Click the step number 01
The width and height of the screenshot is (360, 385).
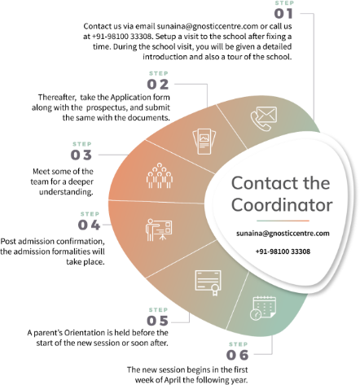(x=283, y=14)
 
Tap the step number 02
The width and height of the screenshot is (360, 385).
(x=158, y=85)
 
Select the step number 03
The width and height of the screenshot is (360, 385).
(x=81, y=155)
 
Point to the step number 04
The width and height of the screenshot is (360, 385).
(x=89, y=225)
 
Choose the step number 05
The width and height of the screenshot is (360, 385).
(x=157, y=321)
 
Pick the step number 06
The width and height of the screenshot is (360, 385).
(x=238, y=355)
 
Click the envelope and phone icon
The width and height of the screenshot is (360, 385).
(x=264, y=119)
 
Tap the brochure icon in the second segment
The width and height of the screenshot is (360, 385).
(x=204, y=142)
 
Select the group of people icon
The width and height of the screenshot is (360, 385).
(x=160, y=176)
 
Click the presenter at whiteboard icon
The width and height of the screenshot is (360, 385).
(x=159, y=230)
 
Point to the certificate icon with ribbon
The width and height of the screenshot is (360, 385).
(x=209, y=282)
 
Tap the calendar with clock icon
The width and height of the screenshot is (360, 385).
(x=263, y=308)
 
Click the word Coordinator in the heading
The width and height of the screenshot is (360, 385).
(x=282, y=205)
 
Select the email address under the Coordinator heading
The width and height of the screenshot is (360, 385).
(x=283, y=234)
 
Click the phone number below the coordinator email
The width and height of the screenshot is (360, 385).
(x=283, y=252)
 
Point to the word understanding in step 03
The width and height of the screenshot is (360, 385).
(x=66, y=192)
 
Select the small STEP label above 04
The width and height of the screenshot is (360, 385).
(x=90, y=214)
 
